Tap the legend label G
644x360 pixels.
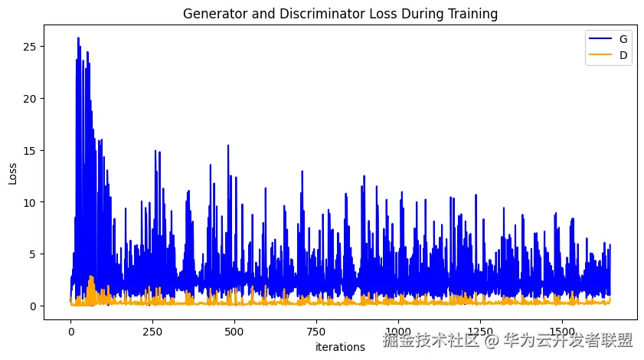624,38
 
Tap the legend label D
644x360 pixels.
624,54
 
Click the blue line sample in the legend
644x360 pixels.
597,38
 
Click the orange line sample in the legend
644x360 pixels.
597,54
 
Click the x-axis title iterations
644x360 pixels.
340,347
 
